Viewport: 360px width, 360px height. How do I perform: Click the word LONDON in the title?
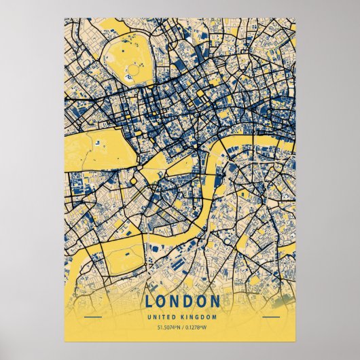click(181, 301)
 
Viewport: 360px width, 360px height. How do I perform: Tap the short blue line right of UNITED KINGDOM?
click(270, 317)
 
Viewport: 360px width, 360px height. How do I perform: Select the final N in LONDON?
click(215, 301)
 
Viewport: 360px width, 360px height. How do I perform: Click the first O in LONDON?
click(161, 301)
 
